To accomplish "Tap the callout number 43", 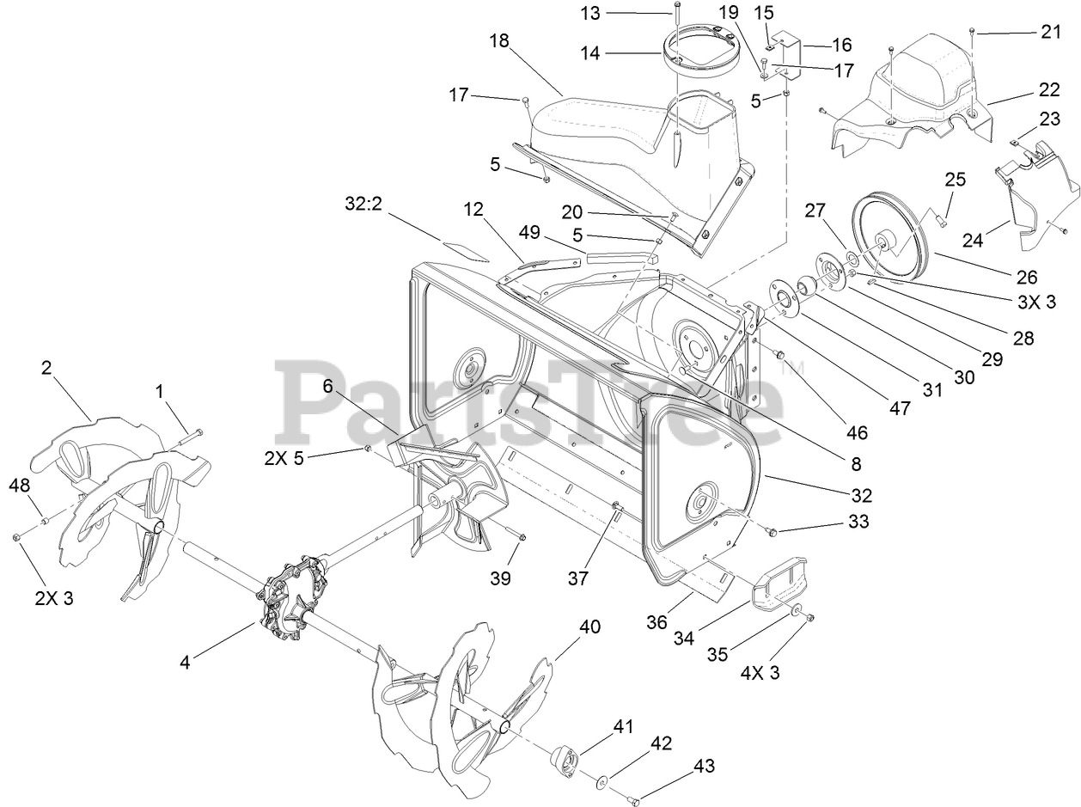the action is [x=704, y=765].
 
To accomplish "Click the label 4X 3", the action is [x=760, y=673].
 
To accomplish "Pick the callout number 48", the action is [x=20, y=486].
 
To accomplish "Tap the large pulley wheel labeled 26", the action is [x=894, y=236].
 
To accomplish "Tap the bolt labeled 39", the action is [x=521, y=538].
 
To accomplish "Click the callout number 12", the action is [x=473, y=208].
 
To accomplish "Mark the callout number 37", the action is [x=578, y=578].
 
